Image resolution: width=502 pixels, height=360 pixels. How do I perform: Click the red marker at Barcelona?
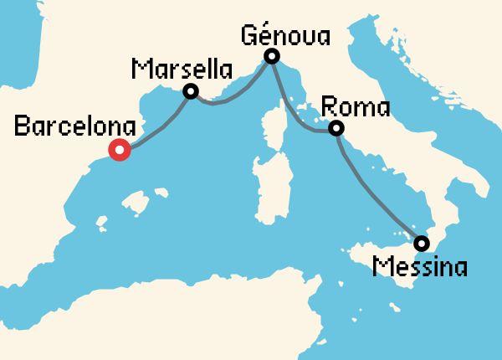(x=120, y=151)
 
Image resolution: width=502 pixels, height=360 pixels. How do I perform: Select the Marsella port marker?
(x=191, y=91)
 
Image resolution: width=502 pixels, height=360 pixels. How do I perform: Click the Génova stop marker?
(x=271, y=57)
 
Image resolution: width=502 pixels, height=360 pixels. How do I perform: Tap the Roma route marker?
(x=336, y=129)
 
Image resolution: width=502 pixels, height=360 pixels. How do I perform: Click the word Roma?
(x=356, y=107)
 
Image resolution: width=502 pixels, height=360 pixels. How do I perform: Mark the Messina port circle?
(x=422, y=244)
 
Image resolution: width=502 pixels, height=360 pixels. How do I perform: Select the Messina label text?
(x=421, y=268)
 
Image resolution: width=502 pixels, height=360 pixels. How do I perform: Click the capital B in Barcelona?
(x=23, y=128)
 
